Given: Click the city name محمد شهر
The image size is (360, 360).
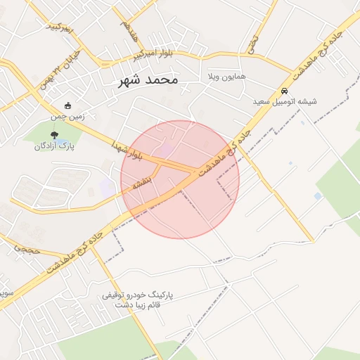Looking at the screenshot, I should [149, 81].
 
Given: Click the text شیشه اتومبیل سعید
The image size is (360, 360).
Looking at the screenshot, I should [285, 101].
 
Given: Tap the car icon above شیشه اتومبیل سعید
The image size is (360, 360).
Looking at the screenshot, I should [284, 91].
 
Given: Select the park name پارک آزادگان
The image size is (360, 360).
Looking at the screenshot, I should [55, 146].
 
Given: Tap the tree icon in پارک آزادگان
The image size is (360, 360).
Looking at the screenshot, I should [55, 135].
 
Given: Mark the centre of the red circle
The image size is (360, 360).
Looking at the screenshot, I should [180, 179].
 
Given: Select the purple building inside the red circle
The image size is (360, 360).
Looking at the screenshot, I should [166, 149].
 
